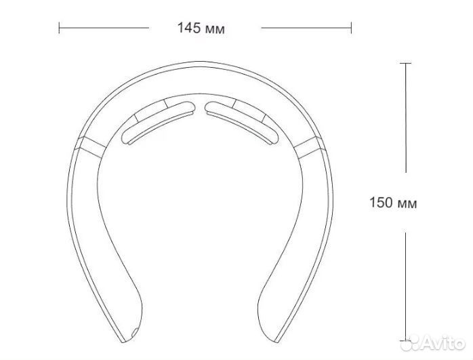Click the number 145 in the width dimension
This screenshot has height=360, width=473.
(189, 28)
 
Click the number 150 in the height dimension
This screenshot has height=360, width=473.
(381, 202)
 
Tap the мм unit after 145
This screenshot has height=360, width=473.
(215, 30)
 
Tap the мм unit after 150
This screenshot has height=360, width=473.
(407, 204)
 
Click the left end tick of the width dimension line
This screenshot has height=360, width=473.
(59, 28)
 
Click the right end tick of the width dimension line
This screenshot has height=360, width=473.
(351, 28)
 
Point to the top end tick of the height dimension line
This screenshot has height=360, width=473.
(405, 63)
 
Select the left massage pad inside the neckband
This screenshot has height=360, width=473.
(159, 123)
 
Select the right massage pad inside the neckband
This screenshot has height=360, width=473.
(242, 123)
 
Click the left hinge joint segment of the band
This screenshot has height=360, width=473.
(91, 147)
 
